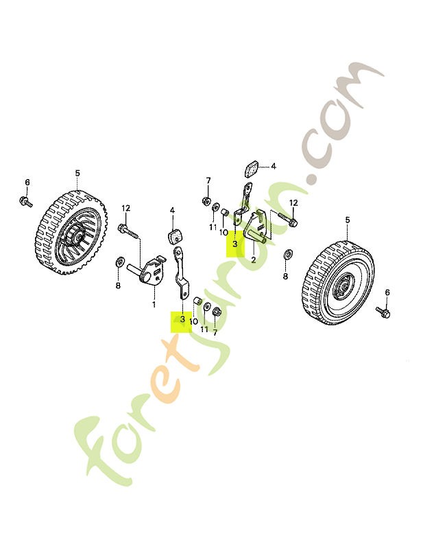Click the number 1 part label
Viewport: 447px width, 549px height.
click(154, 305)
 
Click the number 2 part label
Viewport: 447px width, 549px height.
click(254, 260)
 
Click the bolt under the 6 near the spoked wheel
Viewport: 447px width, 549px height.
click(25, 201)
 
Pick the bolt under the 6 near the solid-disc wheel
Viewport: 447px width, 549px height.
click(383, 312)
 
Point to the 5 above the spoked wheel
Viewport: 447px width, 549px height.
click(77, 173)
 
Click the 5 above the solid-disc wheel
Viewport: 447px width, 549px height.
click(348, 220)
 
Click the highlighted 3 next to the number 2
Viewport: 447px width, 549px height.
click(235, 244)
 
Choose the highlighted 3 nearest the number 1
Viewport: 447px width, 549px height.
click(182, 319)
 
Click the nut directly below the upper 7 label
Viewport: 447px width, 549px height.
click(206, 200)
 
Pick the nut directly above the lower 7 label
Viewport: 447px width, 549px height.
click(216, 312)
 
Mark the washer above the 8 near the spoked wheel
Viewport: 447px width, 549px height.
click(120, 261)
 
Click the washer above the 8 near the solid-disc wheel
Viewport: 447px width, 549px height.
click(288, 254)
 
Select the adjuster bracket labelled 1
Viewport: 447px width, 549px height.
click(147, 269)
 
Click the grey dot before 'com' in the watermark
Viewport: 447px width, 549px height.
click(310, 178)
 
